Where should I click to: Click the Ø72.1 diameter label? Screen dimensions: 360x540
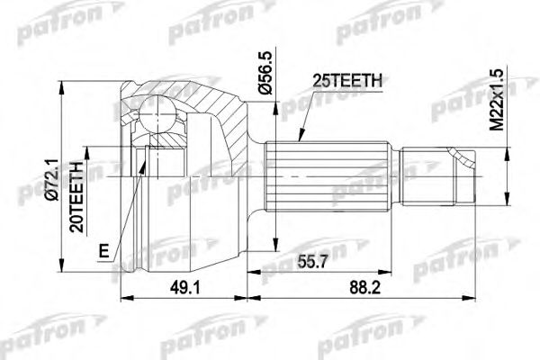[52, 179]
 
